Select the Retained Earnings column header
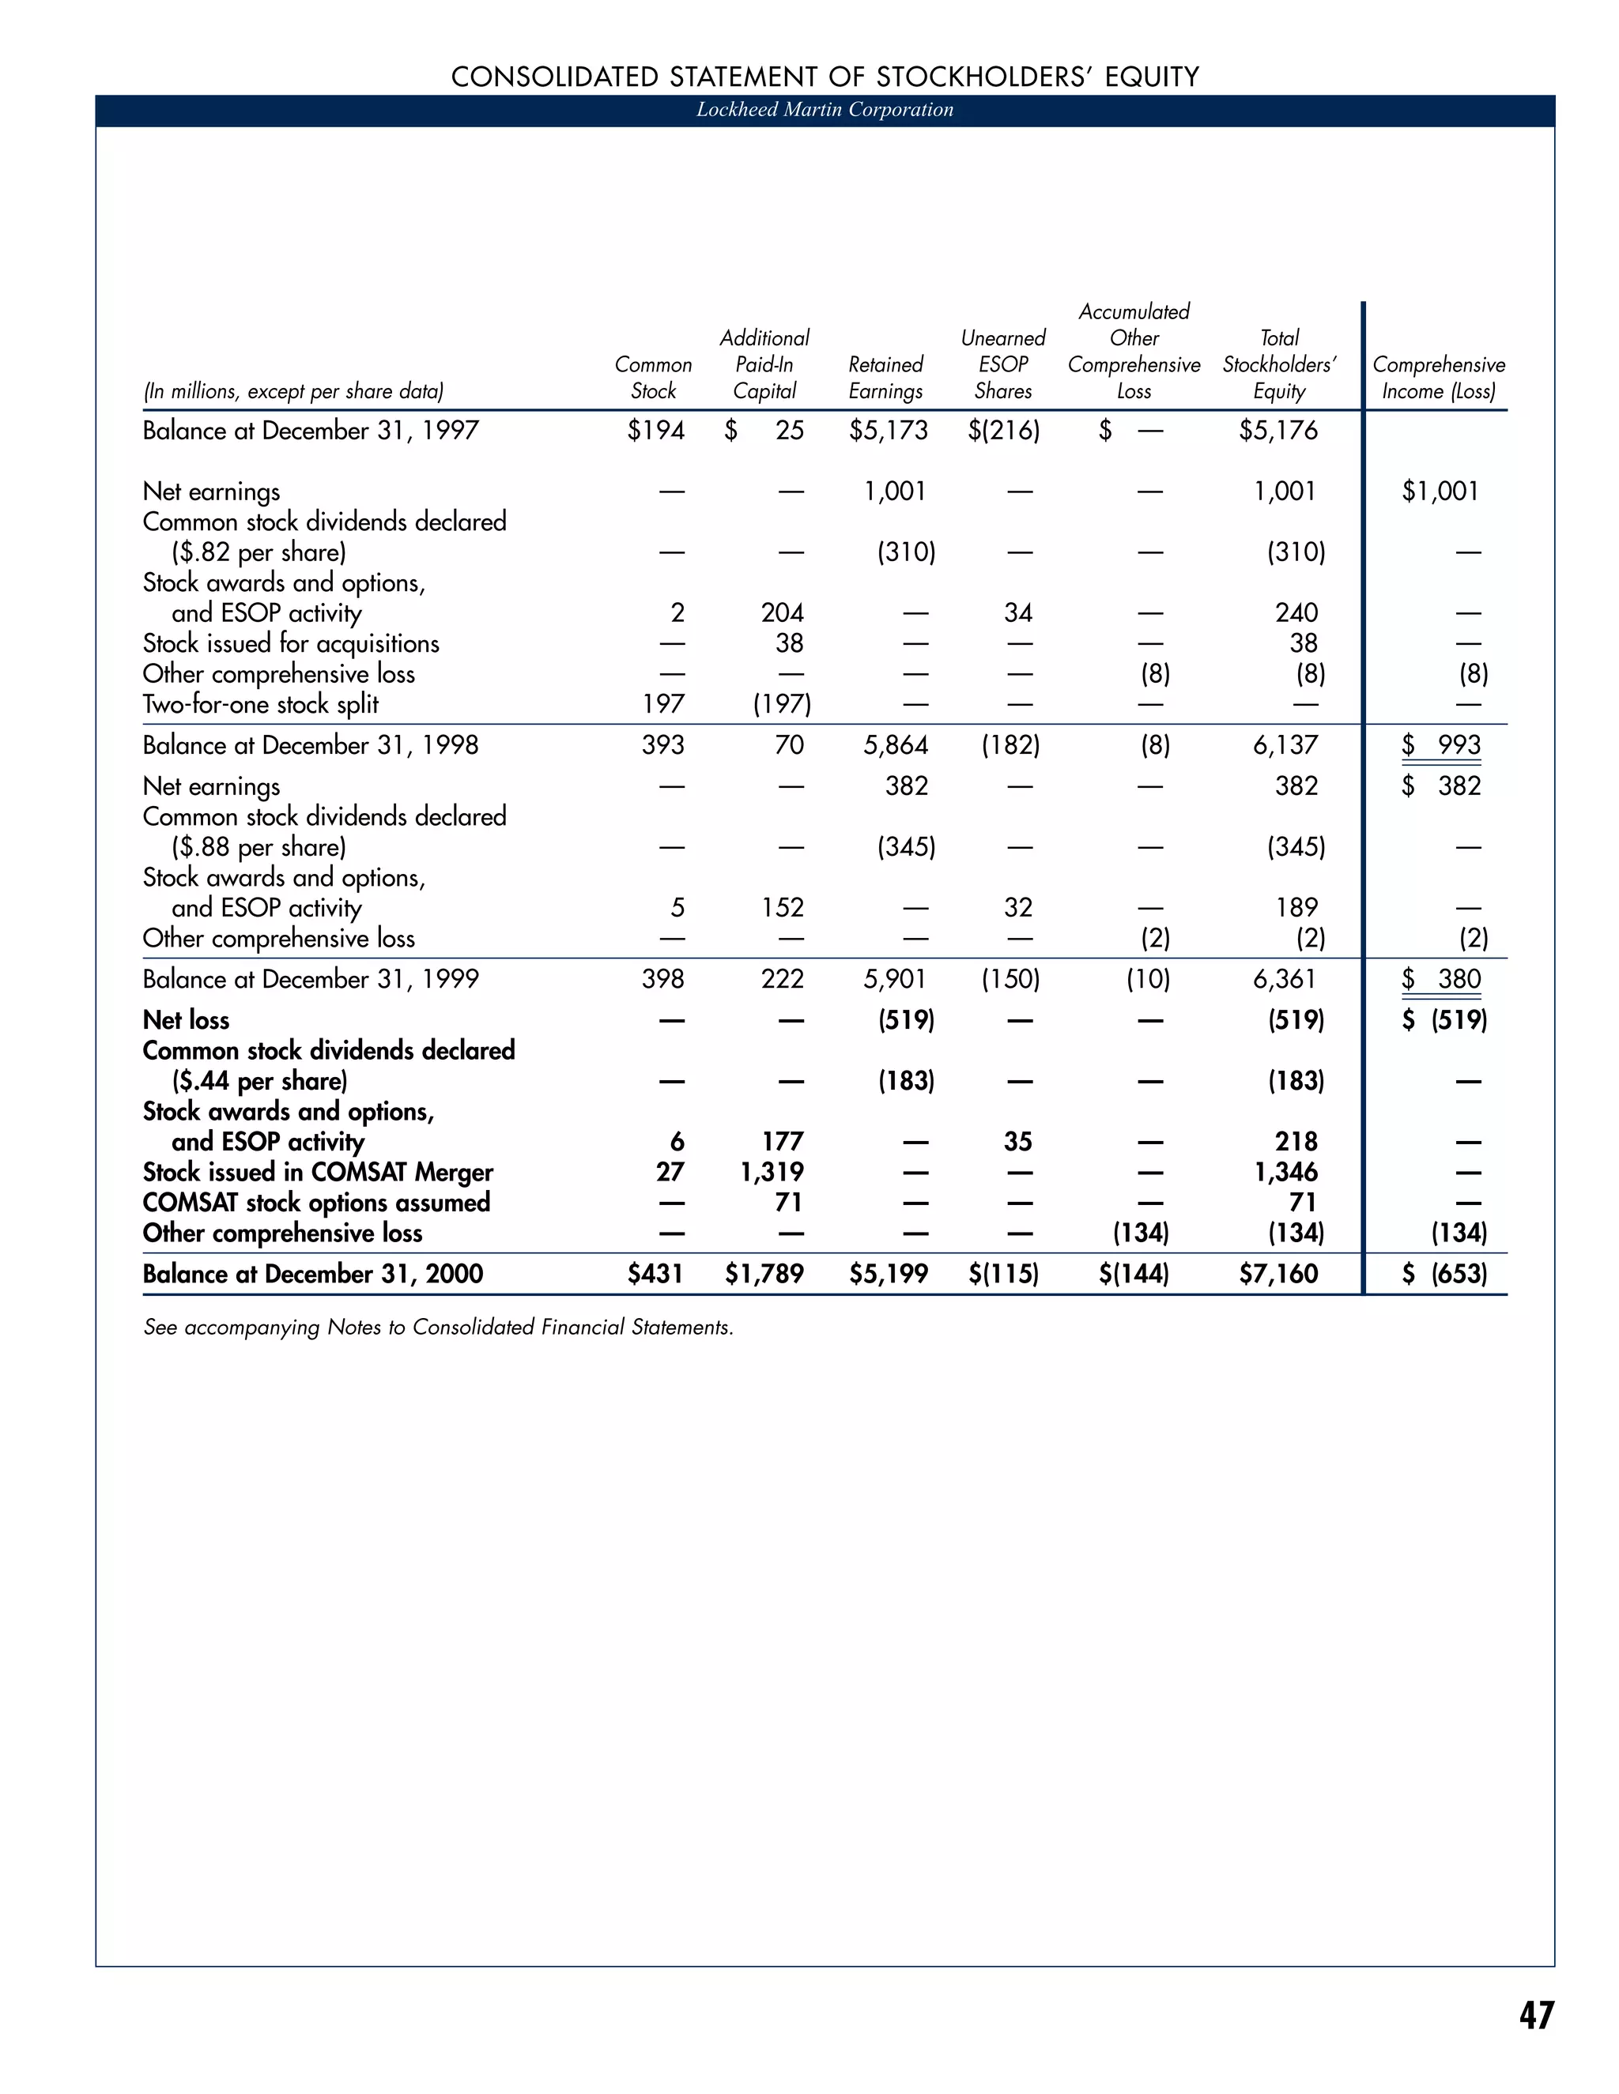(885, 378)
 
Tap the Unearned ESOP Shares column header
(1002, 364)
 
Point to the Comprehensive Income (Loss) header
(1438, 378)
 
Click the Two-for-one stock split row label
(261, 705)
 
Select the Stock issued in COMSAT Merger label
(318, 1172)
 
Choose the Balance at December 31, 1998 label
(310, 745)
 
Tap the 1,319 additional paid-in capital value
(772, 1172)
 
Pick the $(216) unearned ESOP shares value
(1003, 431)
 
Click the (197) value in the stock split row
(782, 705)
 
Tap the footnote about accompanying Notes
(438, 1327)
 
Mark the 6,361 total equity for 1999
(1285, 979)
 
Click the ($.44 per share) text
(259, 1080)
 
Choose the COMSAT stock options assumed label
(316, 1203)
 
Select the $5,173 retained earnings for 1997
(888, 431)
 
